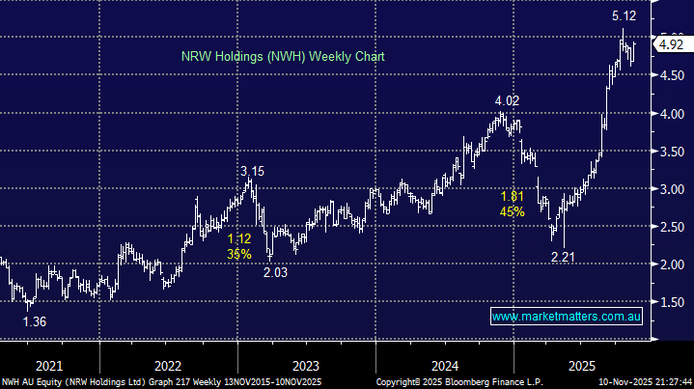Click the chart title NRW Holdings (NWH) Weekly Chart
click(282, 57)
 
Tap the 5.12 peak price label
click(623, 16)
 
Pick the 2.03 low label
click(275, 273)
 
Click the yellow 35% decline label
click(238, 254)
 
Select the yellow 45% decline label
click(512, 211)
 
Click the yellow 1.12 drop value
click(238, 238)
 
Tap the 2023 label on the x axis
click(305, 366)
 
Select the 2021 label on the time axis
click(48, 366)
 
